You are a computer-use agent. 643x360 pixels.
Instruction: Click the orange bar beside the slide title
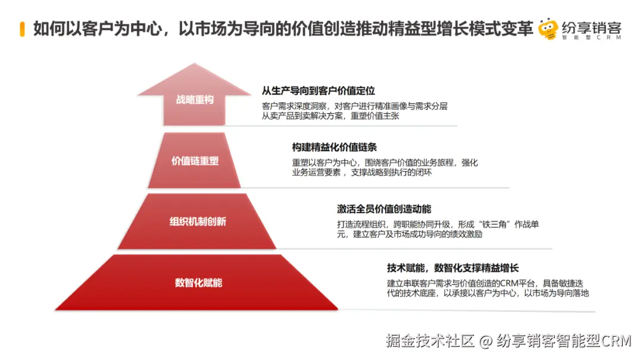tap(22, 29)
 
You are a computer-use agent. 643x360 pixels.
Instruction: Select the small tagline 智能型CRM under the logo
tap(590, 39)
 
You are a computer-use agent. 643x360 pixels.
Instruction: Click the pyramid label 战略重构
tap(195, 100)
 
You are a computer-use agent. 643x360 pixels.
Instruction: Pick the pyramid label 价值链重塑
tap(195, 161)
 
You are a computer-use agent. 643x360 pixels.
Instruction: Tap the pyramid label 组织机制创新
tap(198, 222)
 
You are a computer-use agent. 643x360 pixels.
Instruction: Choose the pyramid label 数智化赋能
tap(198, 283)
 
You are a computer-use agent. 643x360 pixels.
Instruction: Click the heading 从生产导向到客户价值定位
tap(319, 91)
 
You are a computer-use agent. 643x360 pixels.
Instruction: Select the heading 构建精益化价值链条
tap(334, 148)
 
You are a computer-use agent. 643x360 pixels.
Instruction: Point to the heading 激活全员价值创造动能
tap(384, 209)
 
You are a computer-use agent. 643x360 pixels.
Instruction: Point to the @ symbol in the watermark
tap(486, 342)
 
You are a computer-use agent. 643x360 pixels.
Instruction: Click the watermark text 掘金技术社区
tap(430, 342)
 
